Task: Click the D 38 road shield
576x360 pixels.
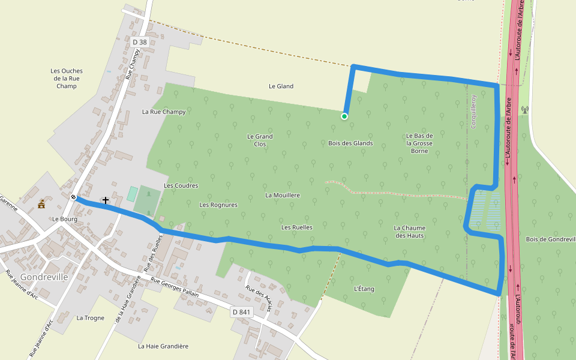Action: click(139, 42)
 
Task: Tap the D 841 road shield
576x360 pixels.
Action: click(241, 312)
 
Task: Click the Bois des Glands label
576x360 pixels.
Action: click(350, 143)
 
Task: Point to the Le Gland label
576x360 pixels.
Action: click(281, 86)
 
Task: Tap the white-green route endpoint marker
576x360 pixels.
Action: click(344, 116)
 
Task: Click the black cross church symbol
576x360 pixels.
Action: click(106, 200)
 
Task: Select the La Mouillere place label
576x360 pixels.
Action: click(283, 195)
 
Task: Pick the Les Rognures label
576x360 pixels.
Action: click(218, 205)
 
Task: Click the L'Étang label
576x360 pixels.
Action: click(364, 289)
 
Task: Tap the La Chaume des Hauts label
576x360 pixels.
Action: click(409, 232)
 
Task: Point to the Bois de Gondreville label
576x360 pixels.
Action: click(550, 239)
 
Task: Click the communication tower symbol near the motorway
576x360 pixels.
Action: click(525, 110)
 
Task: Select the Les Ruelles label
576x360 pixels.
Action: click(297, 227)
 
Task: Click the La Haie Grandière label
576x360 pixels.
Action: click(163, 346)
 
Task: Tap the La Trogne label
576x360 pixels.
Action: click(91, 318)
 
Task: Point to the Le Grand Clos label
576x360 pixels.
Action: click(260, 140)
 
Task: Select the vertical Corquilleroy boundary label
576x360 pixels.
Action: click(473, 112)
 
